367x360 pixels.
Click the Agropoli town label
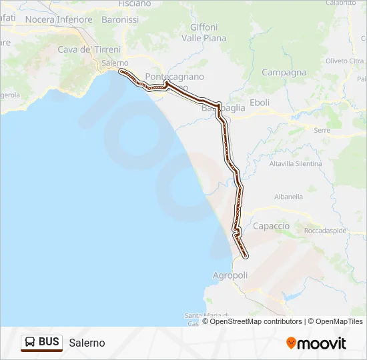[x=230, y=275]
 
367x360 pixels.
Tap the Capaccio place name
[x=272, y=226]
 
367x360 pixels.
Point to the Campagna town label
[x=284, y=72]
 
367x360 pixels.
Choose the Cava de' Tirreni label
[x=89, y=49]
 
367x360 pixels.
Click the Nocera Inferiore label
[x=58, y=19]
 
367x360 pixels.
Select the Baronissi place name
[x=120, y=19]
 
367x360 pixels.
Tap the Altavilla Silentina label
[x=295, y=163]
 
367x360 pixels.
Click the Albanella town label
[x=288, y=197]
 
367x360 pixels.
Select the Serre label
[x=322, y=130]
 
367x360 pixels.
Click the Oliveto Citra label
[x=344, y=61]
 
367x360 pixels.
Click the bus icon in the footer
[x=30, y=343]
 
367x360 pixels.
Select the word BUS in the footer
[x=49, y=343]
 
